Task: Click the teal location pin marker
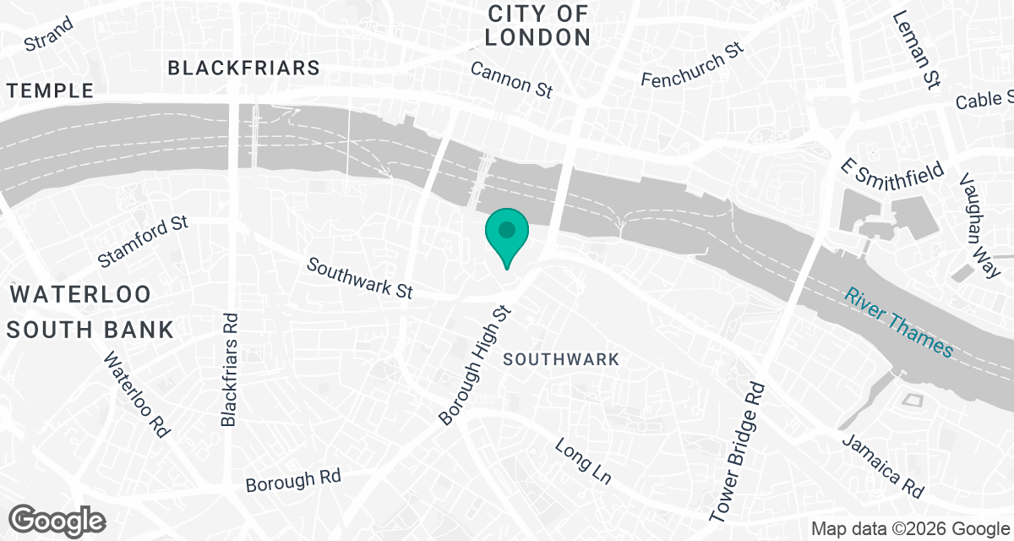(506, 234)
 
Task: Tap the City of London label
(537, 25)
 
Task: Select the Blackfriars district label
(244, 68)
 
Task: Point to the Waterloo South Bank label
(90, 312)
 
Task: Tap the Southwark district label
(561, 359)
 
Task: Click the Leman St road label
(916, 50)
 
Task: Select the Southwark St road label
(359, 278)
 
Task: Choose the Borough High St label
(476, 365)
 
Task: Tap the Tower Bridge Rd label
(738, 451)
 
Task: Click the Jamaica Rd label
(883, 466)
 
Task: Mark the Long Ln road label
(583, 462)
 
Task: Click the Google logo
(57, 520)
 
